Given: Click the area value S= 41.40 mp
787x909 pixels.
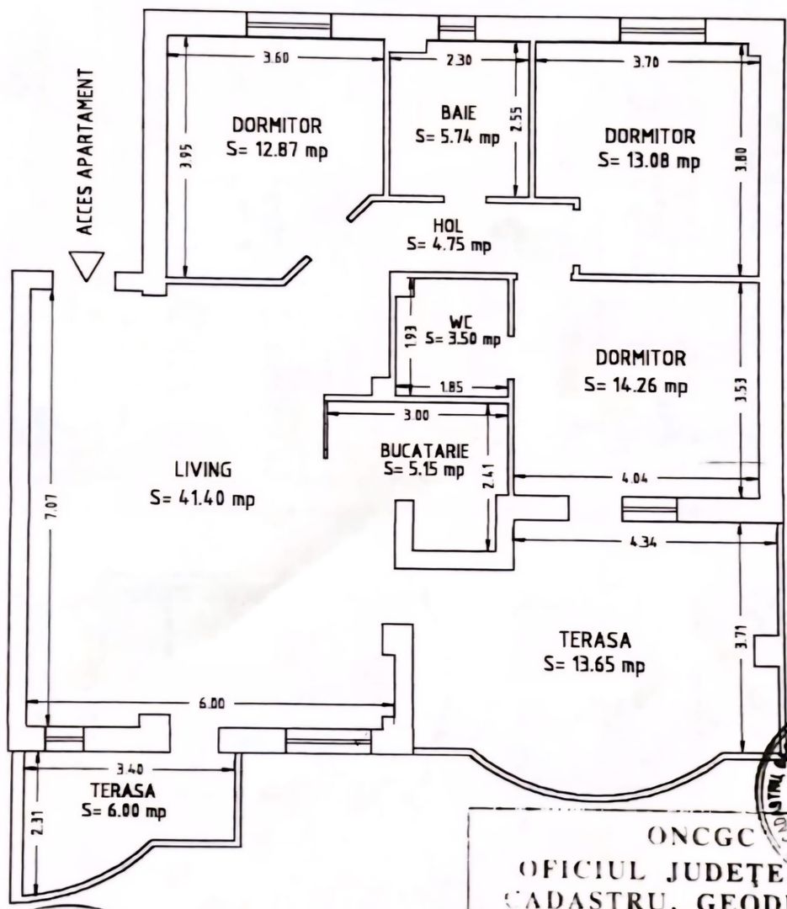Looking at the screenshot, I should pyautogui.click(x=202, y=498).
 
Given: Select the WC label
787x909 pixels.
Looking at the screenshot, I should pyautogui.click(x=460, y=322).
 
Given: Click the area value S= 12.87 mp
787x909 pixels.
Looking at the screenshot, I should pyautogui.click(x=277, y=151).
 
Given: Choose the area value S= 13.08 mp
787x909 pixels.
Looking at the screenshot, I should pyautogui.click(x=648, y=161).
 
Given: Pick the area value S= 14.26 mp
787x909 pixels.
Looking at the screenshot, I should pyautogui.click(x=636, y=385).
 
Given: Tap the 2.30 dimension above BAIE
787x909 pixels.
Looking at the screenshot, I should pyautogui.click(x=459, y=60).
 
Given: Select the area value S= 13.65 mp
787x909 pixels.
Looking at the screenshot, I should pyautogui.click(x=594, y=664).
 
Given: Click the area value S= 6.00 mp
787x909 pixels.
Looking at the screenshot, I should pyautogui.click(x=124, y=811).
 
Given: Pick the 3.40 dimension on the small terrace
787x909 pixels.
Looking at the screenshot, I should pyautogui.click(x=129, y=769).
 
